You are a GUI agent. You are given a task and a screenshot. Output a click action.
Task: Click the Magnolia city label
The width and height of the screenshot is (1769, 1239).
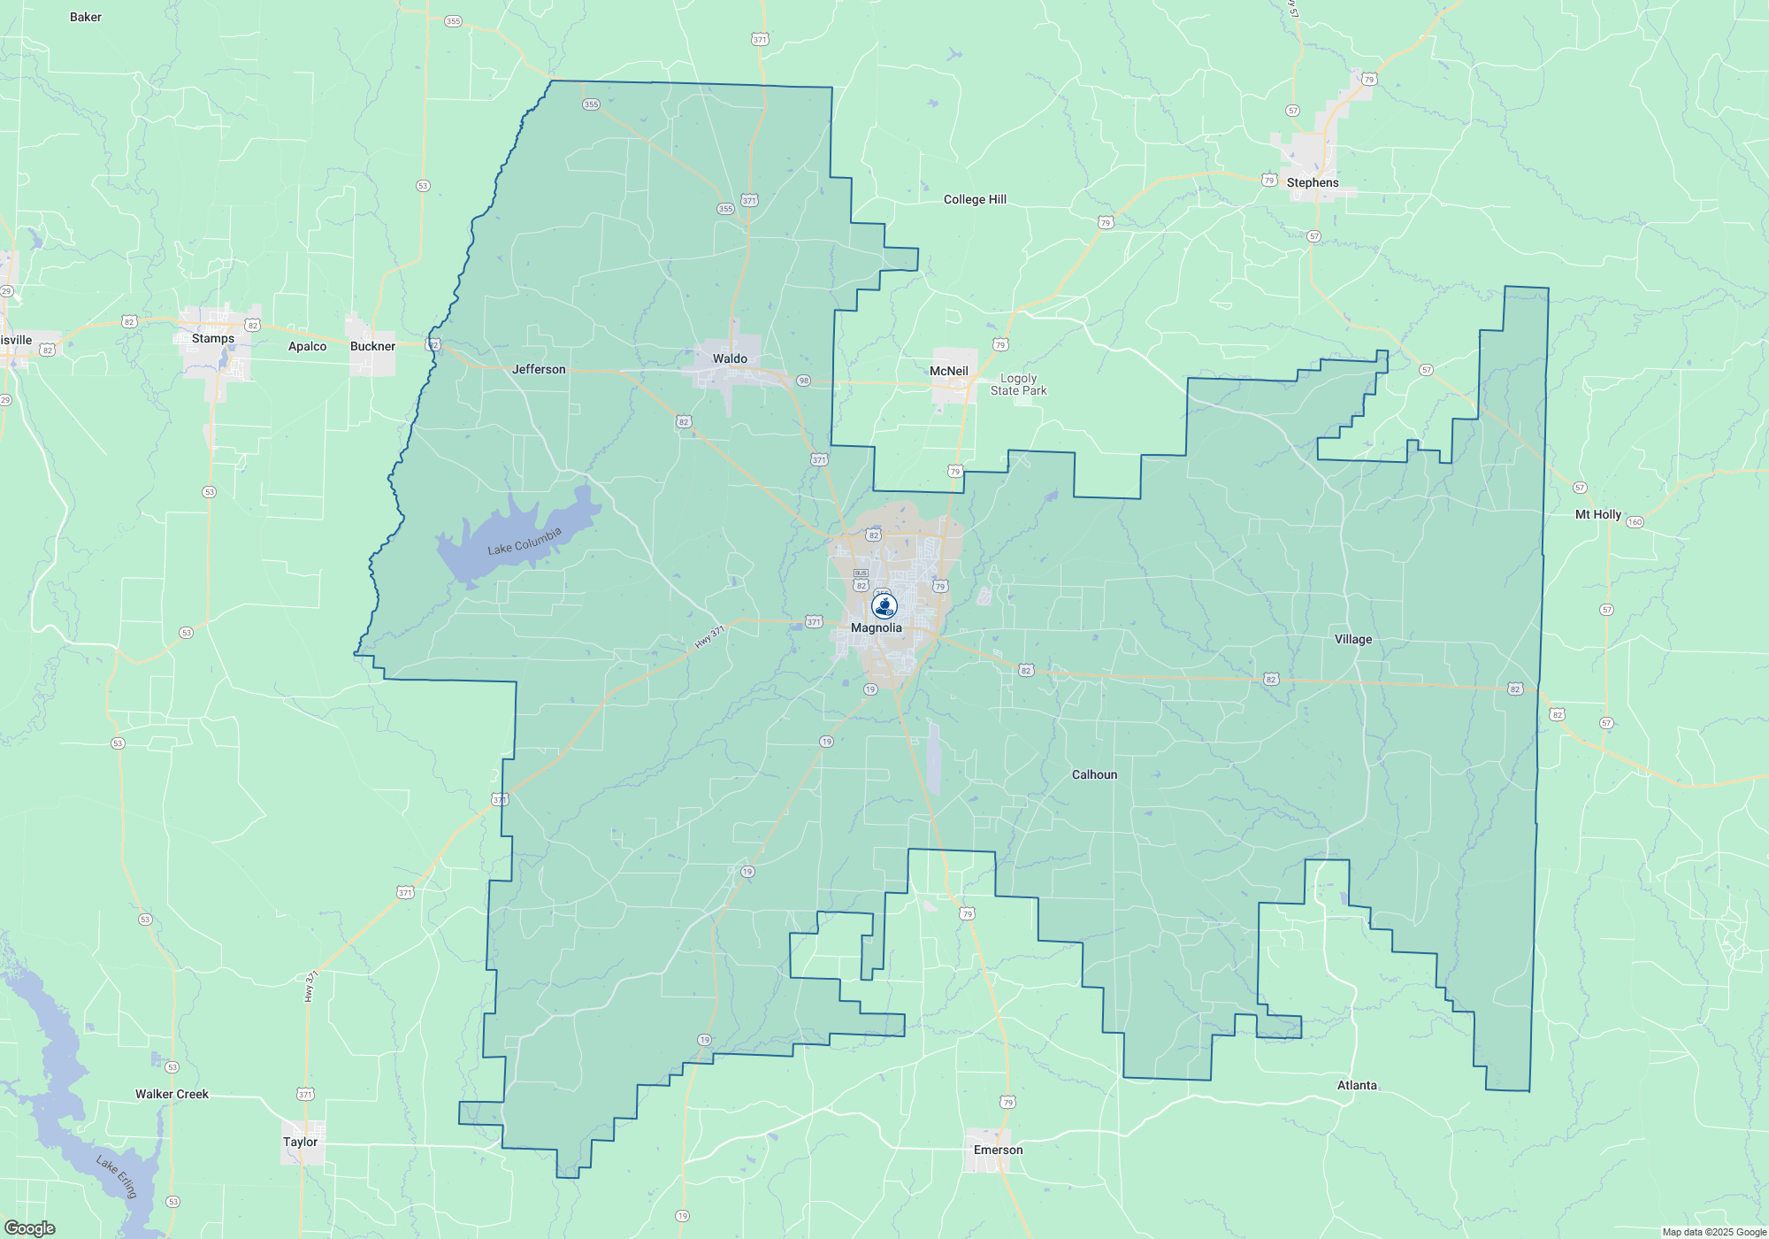click(x=877, y=627)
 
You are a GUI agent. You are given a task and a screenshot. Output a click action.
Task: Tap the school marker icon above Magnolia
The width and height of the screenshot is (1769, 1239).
click(x=884, y=605)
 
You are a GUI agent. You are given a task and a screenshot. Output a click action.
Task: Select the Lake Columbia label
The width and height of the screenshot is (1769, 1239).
click(x=525, y=542)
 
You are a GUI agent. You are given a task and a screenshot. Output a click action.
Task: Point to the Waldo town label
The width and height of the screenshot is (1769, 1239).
click(x=730, y=358)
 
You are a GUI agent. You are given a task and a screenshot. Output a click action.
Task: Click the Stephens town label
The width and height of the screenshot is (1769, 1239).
click(x=1313, y=182)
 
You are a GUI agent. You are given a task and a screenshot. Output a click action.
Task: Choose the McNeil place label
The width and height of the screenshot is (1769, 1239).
click(x=949, y=371)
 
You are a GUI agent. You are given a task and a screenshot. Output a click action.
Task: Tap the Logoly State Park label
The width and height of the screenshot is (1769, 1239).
click(x=1018, y=384)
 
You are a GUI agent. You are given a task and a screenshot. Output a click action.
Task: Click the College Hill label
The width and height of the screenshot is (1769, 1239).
click(x=975, y=199)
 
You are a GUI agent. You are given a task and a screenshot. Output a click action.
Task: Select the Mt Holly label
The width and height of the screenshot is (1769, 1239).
click(x=1598, y=514)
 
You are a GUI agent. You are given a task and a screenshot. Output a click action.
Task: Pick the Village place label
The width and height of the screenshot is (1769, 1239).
click(x=1353, y=639)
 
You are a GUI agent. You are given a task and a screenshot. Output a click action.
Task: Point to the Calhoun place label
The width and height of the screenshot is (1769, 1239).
click(x=1094, y=774)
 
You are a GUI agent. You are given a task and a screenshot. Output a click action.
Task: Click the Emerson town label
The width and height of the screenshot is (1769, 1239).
click(x=998, y=1150)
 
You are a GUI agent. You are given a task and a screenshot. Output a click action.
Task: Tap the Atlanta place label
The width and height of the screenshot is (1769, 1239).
click(x=1357, y=1085)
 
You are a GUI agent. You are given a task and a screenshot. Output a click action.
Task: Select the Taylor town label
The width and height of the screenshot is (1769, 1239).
click(x=300, y=1142)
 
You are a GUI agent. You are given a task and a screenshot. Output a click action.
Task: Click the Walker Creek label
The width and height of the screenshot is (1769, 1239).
click(x=172, y=1094)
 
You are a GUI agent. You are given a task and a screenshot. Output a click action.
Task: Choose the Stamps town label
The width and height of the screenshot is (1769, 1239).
click(x=213, y=338)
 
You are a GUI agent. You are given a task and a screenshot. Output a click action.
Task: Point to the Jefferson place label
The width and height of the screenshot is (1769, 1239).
click(x=539, y=369)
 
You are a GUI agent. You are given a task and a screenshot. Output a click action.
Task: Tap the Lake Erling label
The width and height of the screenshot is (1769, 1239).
click(x=117, y=1177)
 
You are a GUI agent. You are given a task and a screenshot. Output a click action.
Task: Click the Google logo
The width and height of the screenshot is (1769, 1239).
click(x=29, y=1228)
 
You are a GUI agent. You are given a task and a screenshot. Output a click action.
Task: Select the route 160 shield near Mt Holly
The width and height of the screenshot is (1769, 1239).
click(x=1635, y=522)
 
